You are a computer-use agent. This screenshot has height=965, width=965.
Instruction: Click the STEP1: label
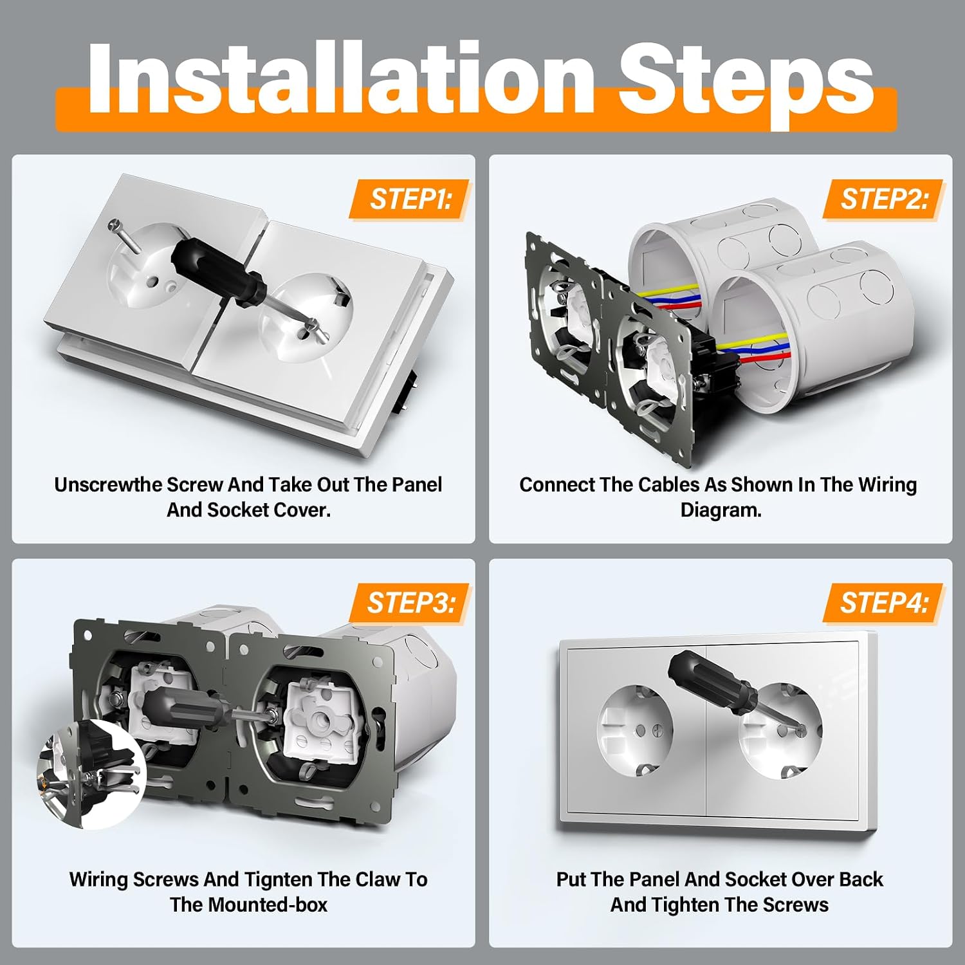point(410,199)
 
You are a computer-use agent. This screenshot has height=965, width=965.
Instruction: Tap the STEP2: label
point(883,199)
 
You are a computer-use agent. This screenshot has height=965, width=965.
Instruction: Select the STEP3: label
point(410,603)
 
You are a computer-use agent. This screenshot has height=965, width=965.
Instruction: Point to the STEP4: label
point(883,603)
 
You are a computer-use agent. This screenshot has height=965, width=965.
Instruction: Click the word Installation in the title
point(341,78)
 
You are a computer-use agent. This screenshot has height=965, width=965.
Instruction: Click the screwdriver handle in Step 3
point(183,708)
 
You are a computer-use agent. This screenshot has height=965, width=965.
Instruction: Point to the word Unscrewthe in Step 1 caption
point(106,484)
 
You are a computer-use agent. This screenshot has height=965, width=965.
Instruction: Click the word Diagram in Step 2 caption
point(719,510)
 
